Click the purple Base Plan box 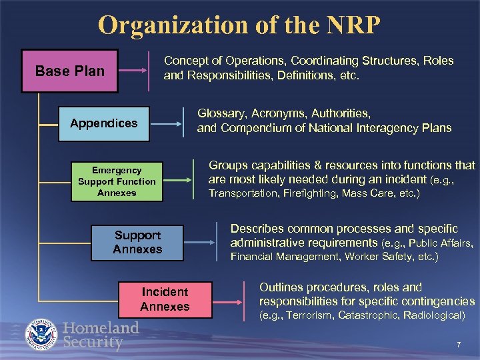coord(69,71)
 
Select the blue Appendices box coord(103,123)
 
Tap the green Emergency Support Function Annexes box coord(117,181)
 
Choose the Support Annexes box coord(137,242)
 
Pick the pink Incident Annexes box coord(165,299)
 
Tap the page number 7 coord(459,344)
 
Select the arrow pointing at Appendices coord(169,122)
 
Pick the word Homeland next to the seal coord(101,327)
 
